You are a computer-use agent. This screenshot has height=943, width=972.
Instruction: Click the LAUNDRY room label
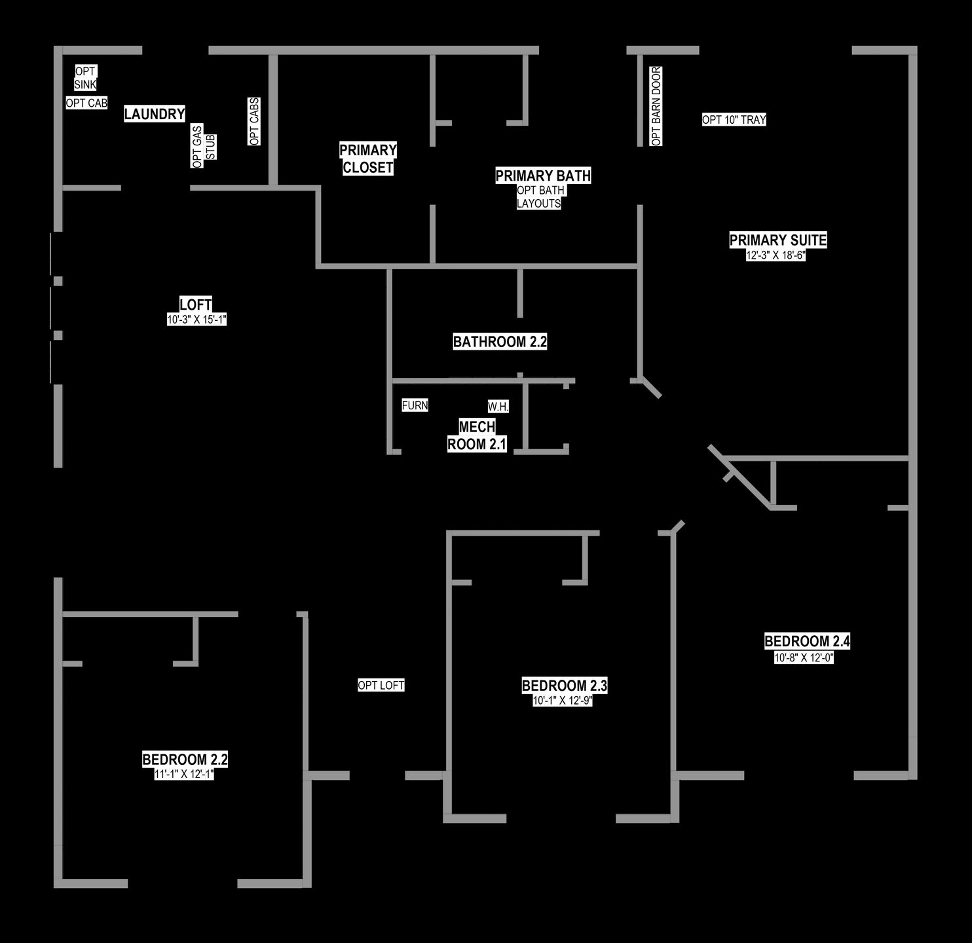(155, 114)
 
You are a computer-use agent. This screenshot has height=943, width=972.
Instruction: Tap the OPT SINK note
(85, 78)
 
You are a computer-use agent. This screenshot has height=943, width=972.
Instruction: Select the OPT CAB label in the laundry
(86, 103)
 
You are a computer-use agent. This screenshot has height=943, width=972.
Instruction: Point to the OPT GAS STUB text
(204, 146)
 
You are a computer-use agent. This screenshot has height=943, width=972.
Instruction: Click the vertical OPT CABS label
(254, 121)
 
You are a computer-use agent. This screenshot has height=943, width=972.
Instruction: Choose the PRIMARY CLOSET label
(368, 159)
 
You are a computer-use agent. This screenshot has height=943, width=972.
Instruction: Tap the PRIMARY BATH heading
(543, 176)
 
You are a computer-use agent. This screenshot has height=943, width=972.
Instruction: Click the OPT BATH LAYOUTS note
(540, 197)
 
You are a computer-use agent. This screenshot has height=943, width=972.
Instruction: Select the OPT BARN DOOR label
(656, 106)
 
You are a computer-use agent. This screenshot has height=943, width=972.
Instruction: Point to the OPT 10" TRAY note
(734, 119)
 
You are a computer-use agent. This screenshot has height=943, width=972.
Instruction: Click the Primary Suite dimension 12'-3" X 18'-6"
(776, 255)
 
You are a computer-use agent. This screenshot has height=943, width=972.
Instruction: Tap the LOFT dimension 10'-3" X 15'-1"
(196, 320)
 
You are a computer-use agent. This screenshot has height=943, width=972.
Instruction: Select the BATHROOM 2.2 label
(500, 342)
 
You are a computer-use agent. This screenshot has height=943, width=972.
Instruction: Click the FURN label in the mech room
(415, 405)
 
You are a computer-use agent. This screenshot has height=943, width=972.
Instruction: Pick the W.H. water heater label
(498, 407)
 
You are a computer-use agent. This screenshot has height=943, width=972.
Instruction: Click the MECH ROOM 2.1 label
(477, 435)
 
